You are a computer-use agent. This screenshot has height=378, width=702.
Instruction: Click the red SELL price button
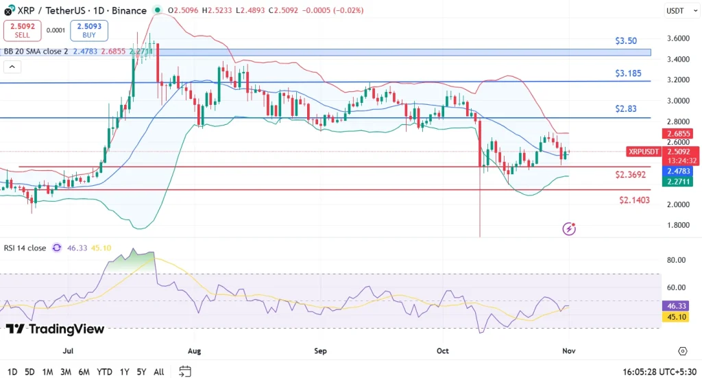tap(22, 30)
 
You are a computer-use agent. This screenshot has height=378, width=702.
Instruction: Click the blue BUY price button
tap(88, 30)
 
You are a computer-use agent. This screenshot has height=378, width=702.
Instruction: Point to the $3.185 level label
tap(629, 72)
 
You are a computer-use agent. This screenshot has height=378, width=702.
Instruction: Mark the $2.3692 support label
tap(631, 175)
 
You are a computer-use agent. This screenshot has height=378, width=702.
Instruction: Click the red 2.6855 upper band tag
tap(680, 134)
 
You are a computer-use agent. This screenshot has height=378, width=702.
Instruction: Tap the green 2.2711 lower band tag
tap(680, 182)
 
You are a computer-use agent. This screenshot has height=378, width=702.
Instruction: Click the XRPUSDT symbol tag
tap(643, 152)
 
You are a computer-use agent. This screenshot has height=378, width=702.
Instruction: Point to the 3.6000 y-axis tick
tap(678, 38)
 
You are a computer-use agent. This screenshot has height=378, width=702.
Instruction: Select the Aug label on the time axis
tap(194, 351)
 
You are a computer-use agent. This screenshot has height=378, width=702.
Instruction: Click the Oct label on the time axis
tap(442, 351)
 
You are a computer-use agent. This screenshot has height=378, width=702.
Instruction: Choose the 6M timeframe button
tap(84, 372)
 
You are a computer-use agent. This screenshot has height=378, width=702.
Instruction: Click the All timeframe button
tap(158, 372)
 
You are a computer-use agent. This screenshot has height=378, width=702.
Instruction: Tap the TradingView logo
tap(55, 329)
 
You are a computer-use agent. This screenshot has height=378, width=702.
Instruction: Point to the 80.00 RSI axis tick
tap(677, 260)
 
